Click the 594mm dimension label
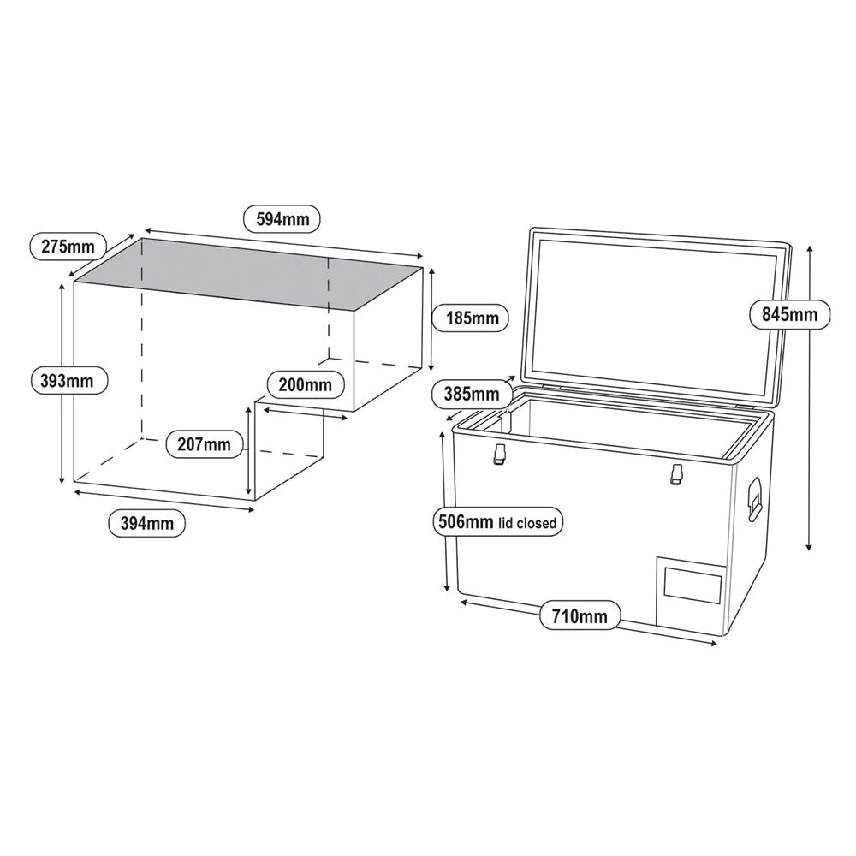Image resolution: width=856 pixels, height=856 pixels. (282, 219)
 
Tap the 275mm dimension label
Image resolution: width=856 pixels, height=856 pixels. (68, 247)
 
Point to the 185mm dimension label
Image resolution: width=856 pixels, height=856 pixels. (472, 318)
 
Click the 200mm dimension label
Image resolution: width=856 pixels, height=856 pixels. (305, 384)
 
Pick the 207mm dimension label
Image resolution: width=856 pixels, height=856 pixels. (204, 443)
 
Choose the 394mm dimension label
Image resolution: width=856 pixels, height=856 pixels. (147, 523)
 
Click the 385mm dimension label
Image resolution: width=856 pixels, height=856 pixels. (472, 395)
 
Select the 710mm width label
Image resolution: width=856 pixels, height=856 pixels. (580, 615)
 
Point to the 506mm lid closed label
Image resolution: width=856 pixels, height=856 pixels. (497, 521)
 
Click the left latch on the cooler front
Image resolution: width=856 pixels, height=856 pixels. (496, 458)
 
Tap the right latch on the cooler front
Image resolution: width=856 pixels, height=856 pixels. (676, 473)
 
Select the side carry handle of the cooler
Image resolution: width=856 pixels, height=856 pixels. (754, 498)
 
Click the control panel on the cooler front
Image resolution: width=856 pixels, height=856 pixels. (693, 588)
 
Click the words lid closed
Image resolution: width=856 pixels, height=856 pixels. (538, 522)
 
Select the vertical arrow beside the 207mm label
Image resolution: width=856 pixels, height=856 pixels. (249, 451)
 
